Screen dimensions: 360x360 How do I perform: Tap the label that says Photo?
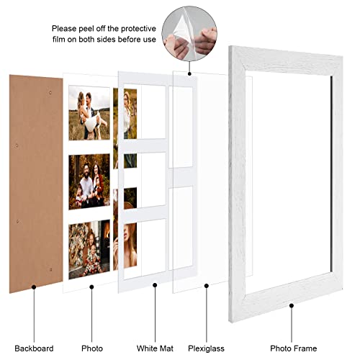click(x=91, y=329)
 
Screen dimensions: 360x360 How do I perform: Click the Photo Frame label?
click(x=292, y=329)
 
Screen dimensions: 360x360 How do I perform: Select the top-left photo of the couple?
click(x=89, y=113)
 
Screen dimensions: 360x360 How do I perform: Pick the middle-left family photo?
click(x=89, y=181)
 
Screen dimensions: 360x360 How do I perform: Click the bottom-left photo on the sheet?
click(x=89, y=248)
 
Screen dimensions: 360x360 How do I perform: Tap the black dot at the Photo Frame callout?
click(x=292, y=306)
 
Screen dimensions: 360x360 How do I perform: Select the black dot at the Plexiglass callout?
click(x=207, y=286)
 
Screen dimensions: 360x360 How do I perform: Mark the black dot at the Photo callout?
click(x=91, y=286)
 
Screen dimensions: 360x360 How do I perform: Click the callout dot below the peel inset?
click(x=189, y=71)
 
